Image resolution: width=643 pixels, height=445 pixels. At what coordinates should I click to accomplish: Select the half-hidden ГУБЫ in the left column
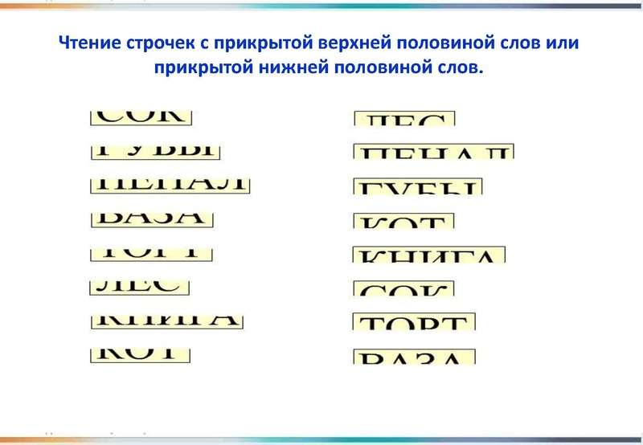(155, 150)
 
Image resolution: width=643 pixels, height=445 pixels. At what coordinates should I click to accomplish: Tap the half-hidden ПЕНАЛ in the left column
(170, 184)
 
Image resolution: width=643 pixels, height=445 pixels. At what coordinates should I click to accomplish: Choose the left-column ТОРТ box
(151, 252)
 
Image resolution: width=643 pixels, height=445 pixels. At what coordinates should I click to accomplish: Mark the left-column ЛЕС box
(139, 286)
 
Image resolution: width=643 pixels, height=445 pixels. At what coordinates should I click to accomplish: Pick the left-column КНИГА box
(166, 320)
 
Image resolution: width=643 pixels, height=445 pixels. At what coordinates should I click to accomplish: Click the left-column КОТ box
(140, 353)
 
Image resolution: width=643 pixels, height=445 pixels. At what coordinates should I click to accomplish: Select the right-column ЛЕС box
(404, 119)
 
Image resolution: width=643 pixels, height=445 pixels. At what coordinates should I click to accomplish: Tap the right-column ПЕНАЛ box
(433, 152)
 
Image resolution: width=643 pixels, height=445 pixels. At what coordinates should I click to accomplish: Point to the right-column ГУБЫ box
(418, 187)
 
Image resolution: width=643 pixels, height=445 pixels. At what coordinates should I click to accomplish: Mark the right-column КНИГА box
(429, 255)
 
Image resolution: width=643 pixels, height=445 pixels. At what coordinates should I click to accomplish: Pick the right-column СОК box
(404, 288)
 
